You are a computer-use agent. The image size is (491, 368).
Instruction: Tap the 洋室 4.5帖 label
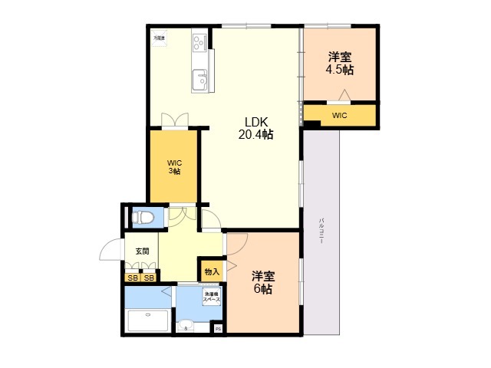(x=341, y=63)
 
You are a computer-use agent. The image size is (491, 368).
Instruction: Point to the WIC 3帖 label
(x=174, y=166)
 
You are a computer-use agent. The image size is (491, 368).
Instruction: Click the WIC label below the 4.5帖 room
(x=340, y=115)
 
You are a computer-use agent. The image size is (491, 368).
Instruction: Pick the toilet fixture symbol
(x=142, y=219)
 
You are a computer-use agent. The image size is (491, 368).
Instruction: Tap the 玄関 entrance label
(x=142, y=251)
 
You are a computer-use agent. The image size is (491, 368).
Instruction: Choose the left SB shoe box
(x=133, y=278)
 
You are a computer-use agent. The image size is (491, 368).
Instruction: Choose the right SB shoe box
(x=149, y=278)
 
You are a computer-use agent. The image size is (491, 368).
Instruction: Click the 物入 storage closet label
(x=212, y=271)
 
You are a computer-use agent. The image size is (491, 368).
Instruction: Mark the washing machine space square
(x=211, y=297)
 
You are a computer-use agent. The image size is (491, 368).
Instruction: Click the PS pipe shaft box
(x=218, y=329)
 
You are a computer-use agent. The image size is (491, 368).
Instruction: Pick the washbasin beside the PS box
(x=186, y=327)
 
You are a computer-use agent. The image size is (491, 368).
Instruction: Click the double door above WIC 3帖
(x=174, y=121)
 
